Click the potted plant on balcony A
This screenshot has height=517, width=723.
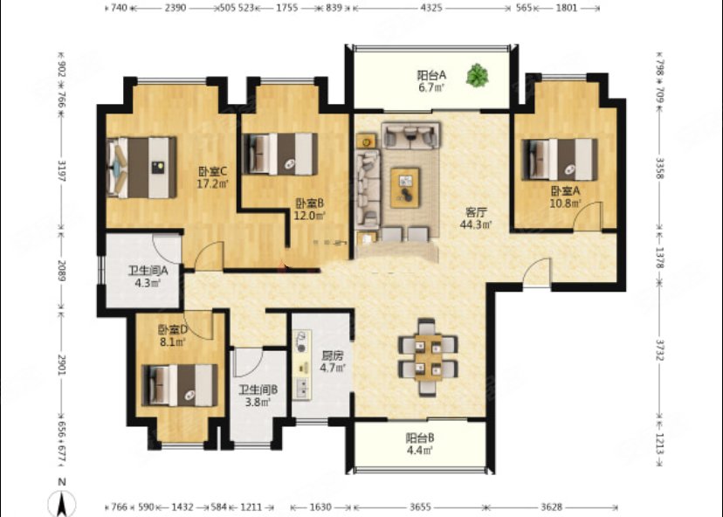click(477, 76)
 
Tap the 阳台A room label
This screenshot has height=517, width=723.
click(431, 74)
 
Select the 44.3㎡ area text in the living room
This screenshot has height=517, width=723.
click(476, 224)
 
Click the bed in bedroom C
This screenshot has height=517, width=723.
click(141, 168)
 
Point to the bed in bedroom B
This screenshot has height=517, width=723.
click(280, 154)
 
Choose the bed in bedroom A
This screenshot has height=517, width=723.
click(560, 160)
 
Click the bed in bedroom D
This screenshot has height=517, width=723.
click(179, 385)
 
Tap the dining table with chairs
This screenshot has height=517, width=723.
click(428, 357)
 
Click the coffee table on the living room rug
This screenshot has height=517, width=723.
click(405, 188)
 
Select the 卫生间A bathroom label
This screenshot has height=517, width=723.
click(148, 271)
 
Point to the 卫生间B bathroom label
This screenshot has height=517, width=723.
click(258, 390)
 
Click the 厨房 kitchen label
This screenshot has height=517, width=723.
click(333, 355)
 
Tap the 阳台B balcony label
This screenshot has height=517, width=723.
click(420, 438)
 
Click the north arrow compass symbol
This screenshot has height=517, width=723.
click(62, 503)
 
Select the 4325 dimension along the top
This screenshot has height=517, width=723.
click(431, 7)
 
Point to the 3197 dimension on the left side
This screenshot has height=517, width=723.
click(61, 170)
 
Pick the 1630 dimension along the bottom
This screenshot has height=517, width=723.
click(320, 507)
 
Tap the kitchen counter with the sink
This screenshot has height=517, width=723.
click(302, 364)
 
